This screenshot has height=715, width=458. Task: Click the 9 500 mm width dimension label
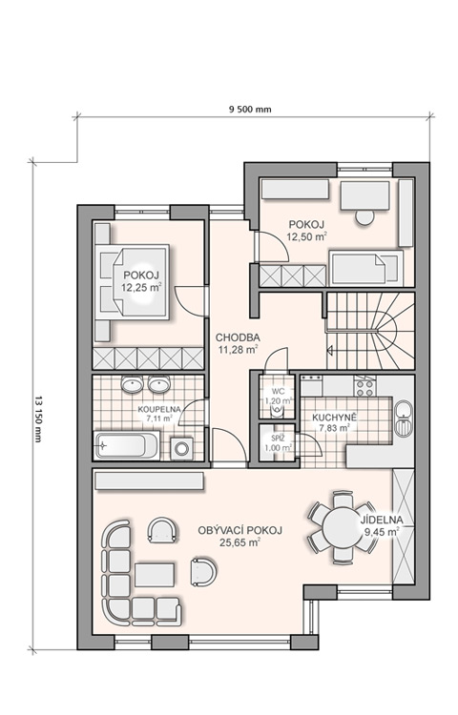pyautogui.click(x=250, y=110)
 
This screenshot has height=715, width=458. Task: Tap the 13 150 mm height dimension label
pyautogui.click(x=37, y=418)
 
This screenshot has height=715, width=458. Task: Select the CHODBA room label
pyautogui.click(x=238, y=337)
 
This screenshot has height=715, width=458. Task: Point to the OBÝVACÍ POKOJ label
pyautogui.click(x=239, y=530)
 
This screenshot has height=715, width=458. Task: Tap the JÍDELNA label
pyautogui.click(x=382, y=520)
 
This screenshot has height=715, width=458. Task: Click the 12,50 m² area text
pyautogui.click(x=307, y=236)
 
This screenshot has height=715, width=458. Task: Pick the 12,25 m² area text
pyautogui.click(x=141, y=287)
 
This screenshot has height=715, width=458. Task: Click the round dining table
pyautogui.click(x=343, y=527)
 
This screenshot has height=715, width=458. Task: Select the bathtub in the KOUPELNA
pyautogui.click(x=127, y=445)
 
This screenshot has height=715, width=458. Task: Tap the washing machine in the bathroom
pyautogui.click(x=181, y=449)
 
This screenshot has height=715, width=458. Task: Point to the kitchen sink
pyautogui.click(x=404, y=419)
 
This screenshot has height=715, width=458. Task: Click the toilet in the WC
pyautogui.click(x=277, y=412)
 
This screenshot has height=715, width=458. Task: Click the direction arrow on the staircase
pyautogui.click(x=330, y=351)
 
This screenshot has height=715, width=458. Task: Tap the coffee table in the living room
pyautogui.click(x=155, y=575)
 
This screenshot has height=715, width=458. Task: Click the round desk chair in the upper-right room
pyautogui.click(x=364, y=217)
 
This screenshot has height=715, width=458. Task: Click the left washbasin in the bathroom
pyautogui.click(x=133, y=384)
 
